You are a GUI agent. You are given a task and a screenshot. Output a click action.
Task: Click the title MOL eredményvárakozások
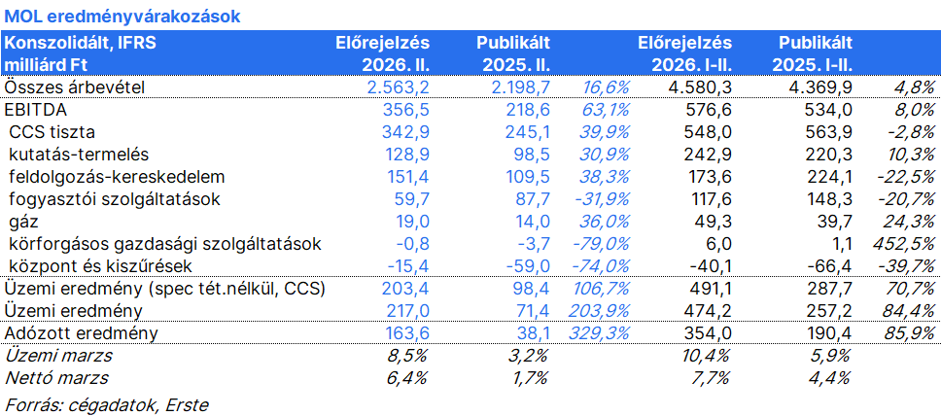pos(122,17)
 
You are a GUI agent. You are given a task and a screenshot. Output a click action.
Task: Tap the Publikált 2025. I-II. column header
pos(813,53)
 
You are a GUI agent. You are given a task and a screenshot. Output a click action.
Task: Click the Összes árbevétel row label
pos(75,87)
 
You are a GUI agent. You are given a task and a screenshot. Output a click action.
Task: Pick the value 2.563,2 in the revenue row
pos(399,87)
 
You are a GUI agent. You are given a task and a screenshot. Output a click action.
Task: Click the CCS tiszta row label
pos(52,132)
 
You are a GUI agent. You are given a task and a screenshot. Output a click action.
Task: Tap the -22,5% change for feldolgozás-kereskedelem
pos(907,177)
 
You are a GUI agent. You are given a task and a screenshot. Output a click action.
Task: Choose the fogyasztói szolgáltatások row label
pos(115,199)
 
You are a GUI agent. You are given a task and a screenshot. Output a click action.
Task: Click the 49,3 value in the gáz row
pos(714,222)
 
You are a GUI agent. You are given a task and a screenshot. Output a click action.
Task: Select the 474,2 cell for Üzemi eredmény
pos(708,311)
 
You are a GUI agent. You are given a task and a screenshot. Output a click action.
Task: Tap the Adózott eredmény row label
pos(81,333)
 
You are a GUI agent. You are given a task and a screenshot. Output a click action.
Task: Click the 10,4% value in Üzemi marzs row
pos(708,356)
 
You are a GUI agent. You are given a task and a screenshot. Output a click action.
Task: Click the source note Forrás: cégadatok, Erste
pos(106,404)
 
